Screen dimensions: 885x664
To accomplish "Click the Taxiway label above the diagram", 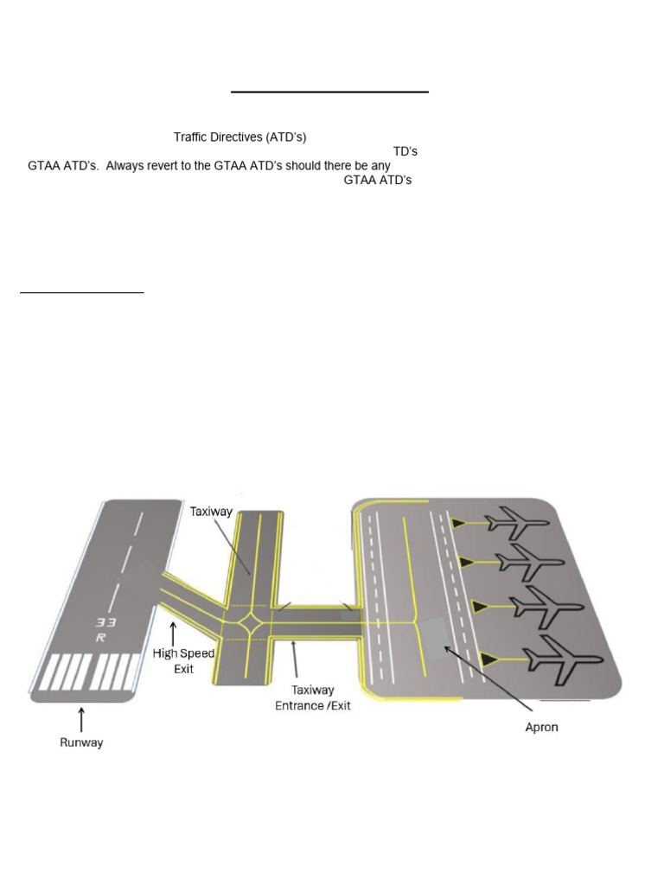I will click(x=211, y=511).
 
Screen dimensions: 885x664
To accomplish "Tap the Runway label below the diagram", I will click(x=81, y=742).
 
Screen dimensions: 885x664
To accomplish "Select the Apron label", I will click(x=542, y=727).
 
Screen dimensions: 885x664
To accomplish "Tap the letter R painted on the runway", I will click(x=102, y=639).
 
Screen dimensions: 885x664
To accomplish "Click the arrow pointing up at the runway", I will click(x=81, y=719).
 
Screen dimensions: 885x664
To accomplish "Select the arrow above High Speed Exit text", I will click(x=174, y=634).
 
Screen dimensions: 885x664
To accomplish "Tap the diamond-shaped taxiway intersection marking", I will click(x=252, y=621).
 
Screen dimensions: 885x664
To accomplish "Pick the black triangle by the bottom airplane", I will click(x=489, y=660).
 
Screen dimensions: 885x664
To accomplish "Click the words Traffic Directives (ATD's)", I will click(x=239, y=137).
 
